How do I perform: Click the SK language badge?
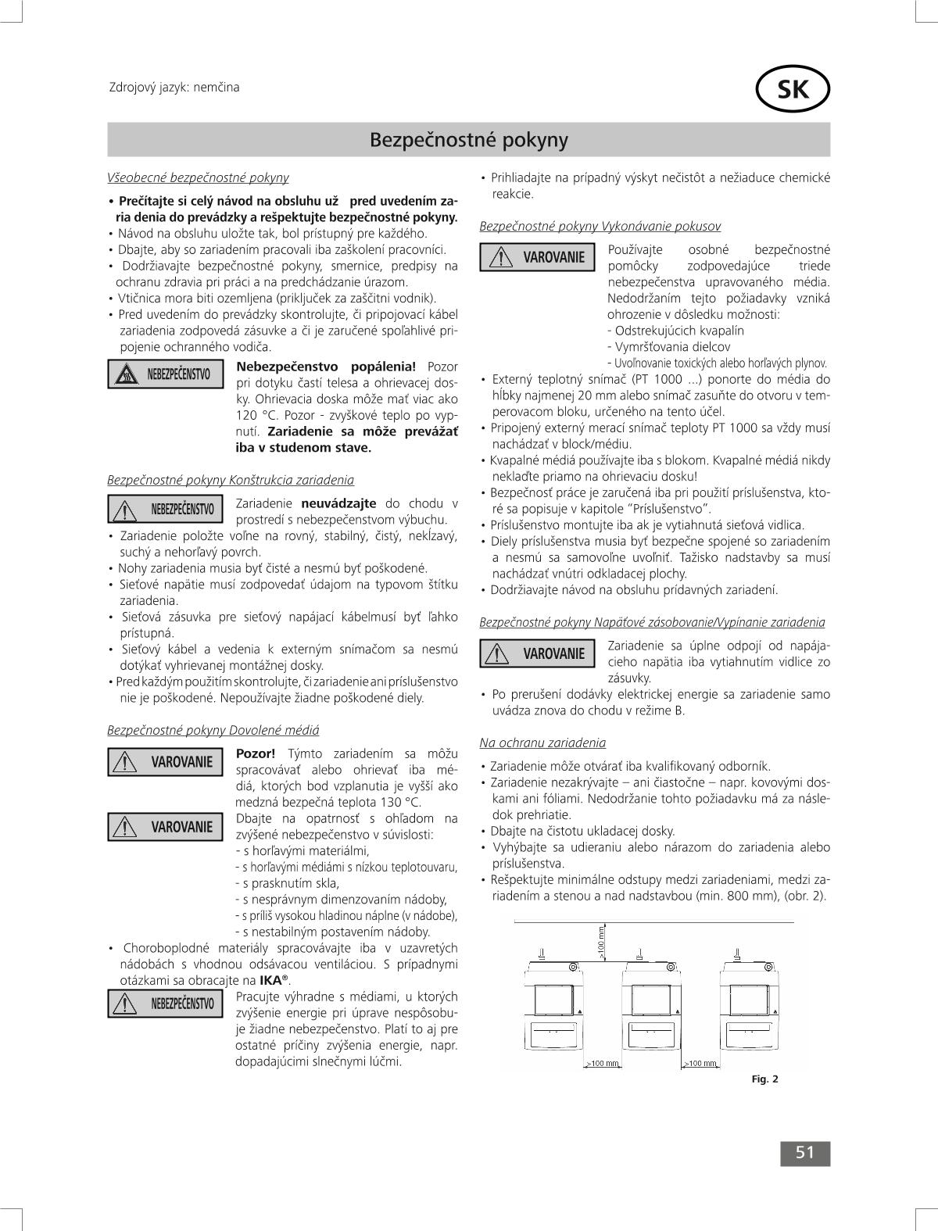793,91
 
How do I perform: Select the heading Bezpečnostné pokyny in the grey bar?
468,140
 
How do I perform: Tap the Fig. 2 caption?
764,1079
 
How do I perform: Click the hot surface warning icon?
127,375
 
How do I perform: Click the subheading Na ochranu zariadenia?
542,743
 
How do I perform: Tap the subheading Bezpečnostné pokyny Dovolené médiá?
213,730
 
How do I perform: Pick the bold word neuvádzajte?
338,503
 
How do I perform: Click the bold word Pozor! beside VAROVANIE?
256,753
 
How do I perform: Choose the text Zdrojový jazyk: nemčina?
174,87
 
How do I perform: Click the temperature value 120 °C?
256,415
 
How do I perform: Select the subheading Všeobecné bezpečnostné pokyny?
198,177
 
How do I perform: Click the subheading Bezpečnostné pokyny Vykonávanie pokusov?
600,226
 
